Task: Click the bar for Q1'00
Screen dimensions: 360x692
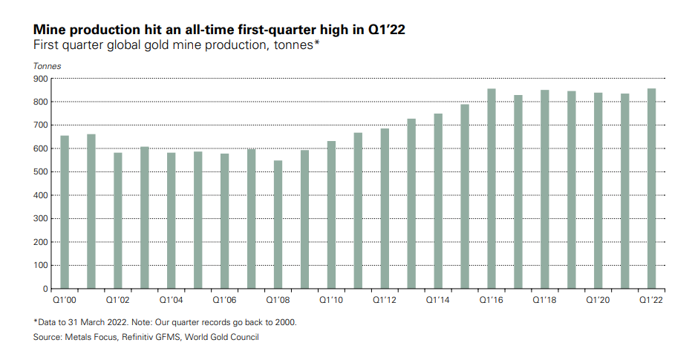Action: point(65,212)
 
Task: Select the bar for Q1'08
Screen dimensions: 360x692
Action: point(278,225)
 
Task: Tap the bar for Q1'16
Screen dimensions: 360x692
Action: point(492,189)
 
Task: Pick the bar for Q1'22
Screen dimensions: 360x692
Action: point(651,189)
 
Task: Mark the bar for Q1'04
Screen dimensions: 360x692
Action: point(172,220)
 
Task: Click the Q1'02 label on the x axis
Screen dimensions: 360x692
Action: point(117,300)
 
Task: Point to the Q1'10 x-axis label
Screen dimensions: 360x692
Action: point(331,300)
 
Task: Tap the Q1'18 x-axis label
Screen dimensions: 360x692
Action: point(544,300)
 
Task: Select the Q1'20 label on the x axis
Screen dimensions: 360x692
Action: point(598,300)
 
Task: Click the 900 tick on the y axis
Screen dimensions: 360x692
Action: point(41,79)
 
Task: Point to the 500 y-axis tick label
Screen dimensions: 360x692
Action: point(41,171)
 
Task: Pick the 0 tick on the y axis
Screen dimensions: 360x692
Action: point(45,289)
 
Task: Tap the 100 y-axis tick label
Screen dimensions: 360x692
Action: point(41,265)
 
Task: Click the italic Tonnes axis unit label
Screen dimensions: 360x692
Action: point(47,66)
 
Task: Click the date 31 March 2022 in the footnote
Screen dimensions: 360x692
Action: point(92,322)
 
